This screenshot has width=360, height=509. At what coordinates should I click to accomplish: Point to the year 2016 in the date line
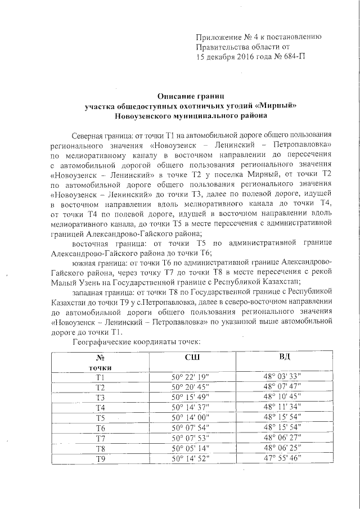click(x=243, y=57)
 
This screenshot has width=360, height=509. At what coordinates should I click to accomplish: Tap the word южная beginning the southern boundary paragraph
click(x=85, y=262)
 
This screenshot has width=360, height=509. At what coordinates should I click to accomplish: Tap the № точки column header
click(x=101, y=363)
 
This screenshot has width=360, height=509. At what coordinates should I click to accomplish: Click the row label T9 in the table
click(x=101, y=458)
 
